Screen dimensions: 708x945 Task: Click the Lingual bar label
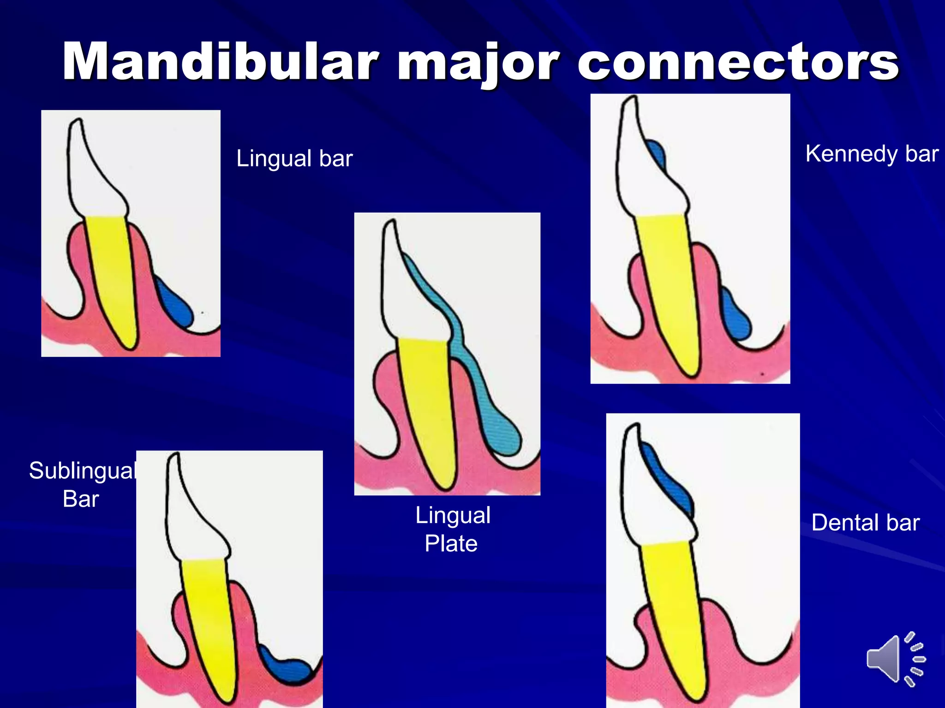pos(294,159)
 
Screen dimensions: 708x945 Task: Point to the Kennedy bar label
pos(872,153)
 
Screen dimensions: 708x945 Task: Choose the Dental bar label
pos(866,523)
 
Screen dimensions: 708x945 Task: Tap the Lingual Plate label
pos(452,529)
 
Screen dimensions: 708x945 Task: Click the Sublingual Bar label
pos(82,484)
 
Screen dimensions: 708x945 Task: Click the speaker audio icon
pos(895,659)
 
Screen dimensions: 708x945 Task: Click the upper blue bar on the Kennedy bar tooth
pos(656,152)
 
